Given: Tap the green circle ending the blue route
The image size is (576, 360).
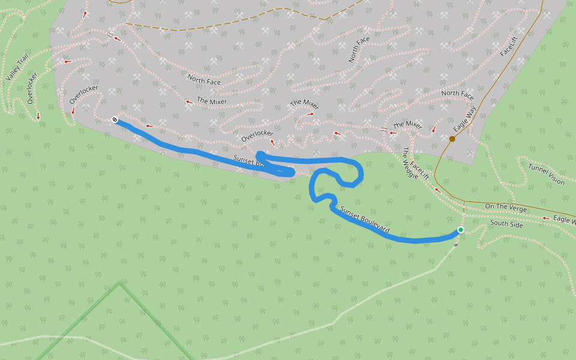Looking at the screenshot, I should tap(460, 230).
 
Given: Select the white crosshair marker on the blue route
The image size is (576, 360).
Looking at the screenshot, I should tap(115, 120).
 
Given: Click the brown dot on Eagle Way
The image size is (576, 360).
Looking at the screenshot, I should tap(452, 139).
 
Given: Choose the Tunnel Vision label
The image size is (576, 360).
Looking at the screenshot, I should tap(546, 173).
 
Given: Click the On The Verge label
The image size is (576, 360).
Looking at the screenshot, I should tap(506, 208).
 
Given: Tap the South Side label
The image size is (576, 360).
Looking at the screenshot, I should tap(506, 224).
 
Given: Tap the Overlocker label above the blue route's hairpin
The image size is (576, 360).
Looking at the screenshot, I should tap(257, 136).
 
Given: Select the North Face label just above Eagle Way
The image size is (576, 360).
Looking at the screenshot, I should tap(457, 94).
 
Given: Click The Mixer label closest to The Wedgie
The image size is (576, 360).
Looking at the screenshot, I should tap(407, 125).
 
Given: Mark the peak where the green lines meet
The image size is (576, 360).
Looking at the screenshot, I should tap(120, 282).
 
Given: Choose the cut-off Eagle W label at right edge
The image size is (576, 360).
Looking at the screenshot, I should tap(564, 220).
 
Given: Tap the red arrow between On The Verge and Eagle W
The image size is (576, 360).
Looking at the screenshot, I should tap(545, 218).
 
